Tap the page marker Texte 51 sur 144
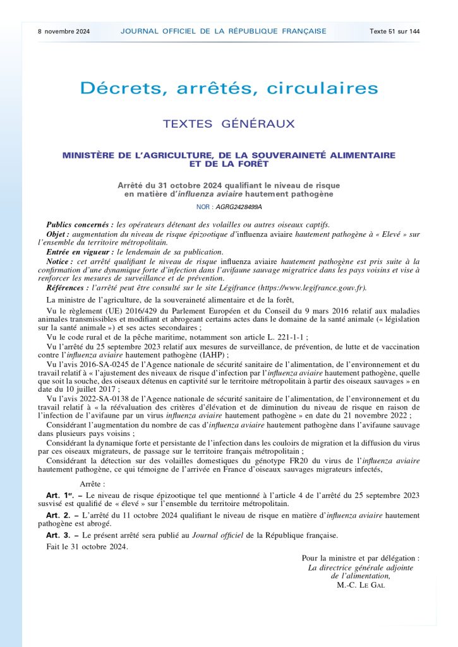coord(395,31)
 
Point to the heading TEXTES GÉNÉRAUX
coord(229,124)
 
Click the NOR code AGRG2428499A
coord(238,207)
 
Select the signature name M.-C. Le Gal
coord(361,585)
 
